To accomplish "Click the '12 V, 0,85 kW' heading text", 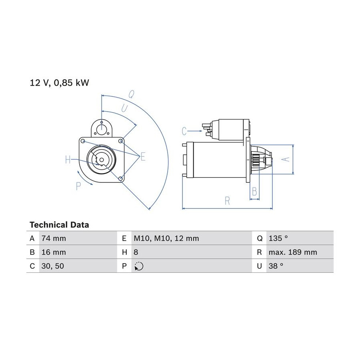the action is pyautogui.click(x=59, y=83).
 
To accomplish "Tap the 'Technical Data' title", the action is pyautogui.click(x=59, y=225).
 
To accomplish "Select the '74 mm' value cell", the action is pyautogui.click(x=54, y=238).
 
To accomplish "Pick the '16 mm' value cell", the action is pyautogui.click(x=54, y=252).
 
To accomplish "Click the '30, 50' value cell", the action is pyautogui.click(x=52, y=266).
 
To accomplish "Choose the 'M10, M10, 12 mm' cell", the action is pyautogui.click(x=166, y=238).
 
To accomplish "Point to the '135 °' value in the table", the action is pyautogui.click(x=278, y=238).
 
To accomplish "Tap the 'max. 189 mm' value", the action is pyautogui.click(x=293, y=252).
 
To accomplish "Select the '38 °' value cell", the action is pyautogui.click(x=276, y=266).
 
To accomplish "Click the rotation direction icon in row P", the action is pyautogui.click(x=139, y=266).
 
